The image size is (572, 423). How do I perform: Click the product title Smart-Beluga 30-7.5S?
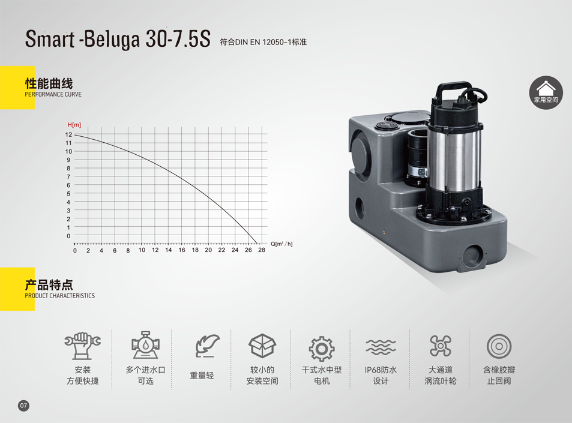click(x=118, y=38)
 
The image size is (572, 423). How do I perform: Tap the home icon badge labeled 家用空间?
click(x=546, y=92)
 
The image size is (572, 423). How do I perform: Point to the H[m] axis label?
click(x=74, y=125)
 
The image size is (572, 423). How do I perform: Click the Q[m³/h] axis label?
click(x=281, y=244)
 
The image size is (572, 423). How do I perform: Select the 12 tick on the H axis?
click(x=68, y=134)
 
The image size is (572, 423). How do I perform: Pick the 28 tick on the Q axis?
click(x=262, y=250)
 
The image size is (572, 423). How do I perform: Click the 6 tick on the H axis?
click(x=68, y=185)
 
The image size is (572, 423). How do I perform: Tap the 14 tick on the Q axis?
click(x=168, y=250)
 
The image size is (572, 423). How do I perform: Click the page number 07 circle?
click(x=23, y=406)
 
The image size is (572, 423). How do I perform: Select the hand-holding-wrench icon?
click(x=82, y=346)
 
